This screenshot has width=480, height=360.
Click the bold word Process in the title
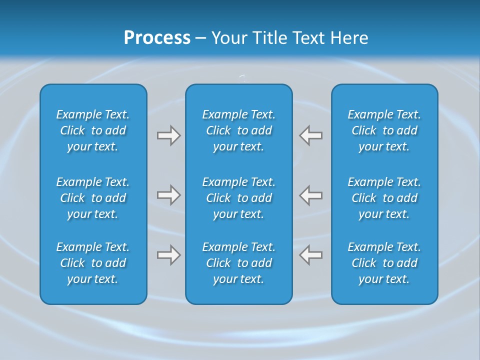coord(157,38)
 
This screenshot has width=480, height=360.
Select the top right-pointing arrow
coord(168,135)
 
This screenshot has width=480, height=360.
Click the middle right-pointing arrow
coord(168,195)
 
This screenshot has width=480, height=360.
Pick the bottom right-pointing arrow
coord(168,255)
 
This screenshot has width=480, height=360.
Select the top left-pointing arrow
coord(310,135)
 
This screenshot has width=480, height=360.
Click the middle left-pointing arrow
coord(310,195)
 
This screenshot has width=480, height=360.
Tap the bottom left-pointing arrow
coord(310,255)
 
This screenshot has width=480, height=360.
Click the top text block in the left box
coord(93,130)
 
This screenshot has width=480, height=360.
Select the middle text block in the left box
coord(93,198)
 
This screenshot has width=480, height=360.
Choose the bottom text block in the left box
coord(93,263)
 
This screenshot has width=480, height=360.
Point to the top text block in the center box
coord(238,130)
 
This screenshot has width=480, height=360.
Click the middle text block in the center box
coord(238,198)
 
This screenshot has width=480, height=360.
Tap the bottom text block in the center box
coord(238,263)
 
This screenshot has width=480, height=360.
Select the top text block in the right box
coord(384,130)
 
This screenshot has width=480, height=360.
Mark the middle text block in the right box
coord(384,198)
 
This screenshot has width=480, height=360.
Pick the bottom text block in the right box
coord(384,263)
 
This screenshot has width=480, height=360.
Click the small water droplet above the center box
coord(243,77)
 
